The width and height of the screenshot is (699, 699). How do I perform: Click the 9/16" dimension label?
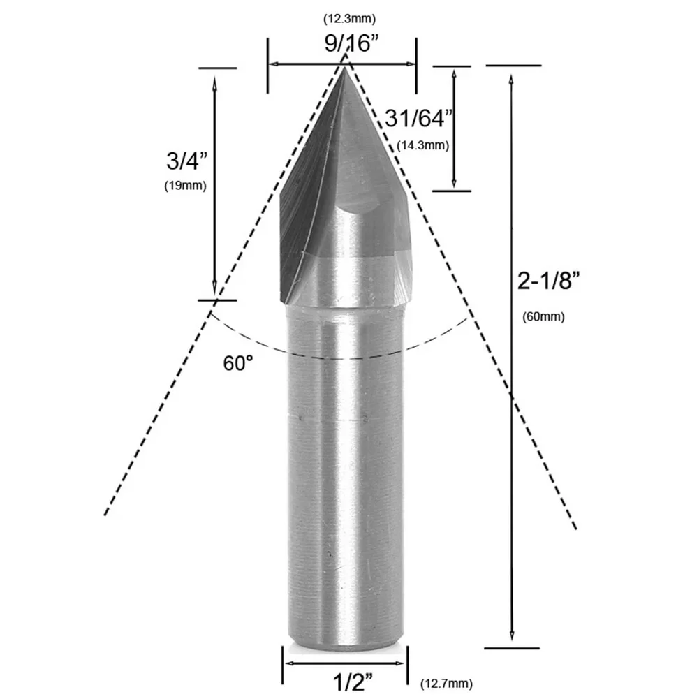pyautogui.click(x=351, y=44)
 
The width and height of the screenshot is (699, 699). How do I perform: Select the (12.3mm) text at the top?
pyautogui.click(x=349, y=19)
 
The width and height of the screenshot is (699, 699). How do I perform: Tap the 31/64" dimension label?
pyautogui.click(x=419, y=119)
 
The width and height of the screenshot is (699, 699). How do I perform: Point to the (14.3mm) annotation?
pyautogui.click(x=422, y=145)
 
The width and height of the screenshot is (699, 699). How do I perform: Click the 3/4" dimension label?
pyautogui.click(x=187, y=161)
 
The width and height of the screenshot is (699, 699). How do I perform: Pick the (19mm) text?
pyautogui.click(x=186, y=186)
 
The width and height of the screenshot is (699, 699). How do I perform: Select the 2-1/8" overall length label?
pyautogui.click(x=549, y=281)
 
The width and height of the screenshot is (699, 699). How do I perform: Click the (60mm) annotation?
pyautogui.click(x=543, y=317)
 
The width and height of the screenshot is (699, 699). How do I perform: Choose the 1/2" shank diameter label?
pyautogui.click(x=353, y=682)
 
